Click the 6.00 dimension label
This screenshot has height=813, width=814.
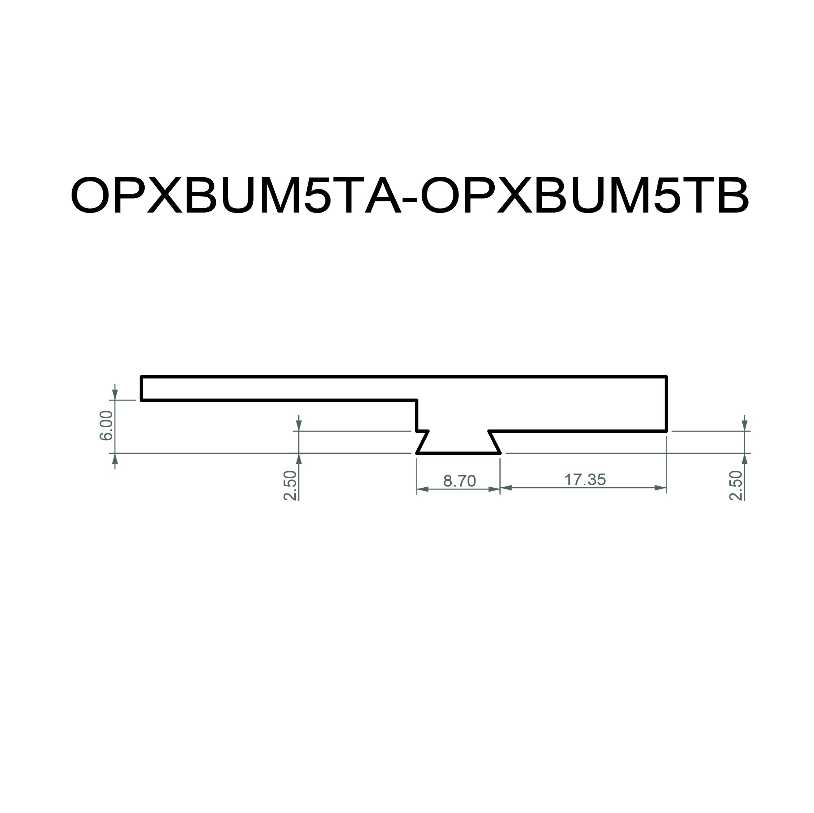106,425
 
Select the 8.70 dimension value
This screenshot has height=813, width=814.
459,481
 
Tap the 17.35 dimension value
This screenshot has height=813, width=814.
585,479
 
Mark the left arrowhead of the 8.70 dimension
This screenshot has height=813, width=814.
423,489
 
